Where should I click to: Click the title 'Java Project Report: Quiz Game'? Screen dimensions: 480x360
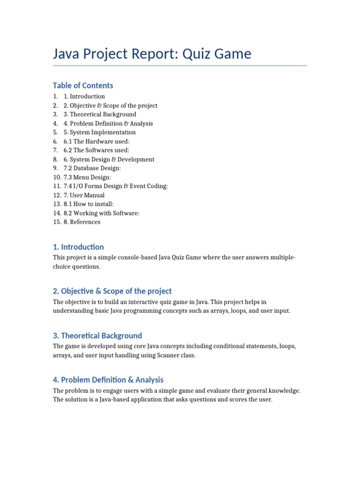coord(152,54)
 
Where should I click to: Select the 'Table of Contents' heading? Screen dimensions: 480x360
coord(83,85)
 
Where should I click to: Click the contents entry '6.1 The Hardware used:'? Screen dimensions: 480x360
coord(97,141)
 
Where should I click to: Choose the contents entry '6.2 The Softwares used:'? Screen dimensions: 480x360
coord(96,150)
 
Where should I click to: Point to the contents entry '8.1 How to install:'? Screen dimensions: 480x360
coord(89,204)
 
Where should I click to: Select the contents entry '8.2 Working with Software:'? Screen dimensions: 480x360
coord(101,213)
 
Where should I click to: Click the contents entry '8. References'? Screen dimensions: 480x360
coord(82,222)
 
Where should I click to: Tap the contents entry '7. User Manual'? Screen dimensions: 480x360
coord(84,195)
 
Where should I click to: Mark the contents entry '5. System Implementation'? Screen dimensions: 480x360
coord(100,132)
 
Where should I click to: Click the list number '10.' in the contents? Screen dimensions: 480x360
coord(57,177)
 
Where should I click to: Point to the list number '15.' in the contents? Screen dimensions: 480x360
coord(57,222)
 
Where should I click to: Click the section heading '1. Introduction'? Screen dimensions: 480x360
coord(78,247)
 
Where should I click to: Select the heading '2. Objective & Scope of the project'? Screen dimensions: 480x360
coord(112,291)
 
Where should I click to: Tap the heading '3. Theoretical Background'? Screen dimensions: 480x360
coord(97,336)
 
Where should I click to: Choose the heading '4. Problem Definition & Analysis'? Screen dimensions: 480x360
coord(108,380)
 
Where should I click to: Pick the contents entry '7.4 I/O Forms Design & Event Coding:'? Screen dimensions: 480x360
coord(116,186)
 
